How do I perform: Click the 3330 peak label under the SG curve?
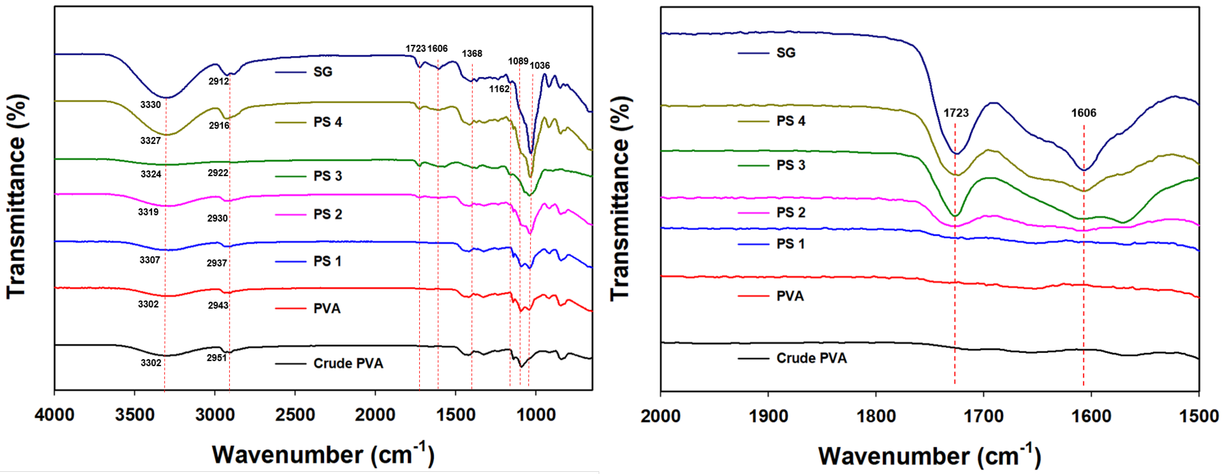[150, 105]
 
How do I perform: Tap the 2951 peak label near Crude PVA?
[216, 358]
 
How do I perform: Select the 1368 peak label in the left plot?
[472, 54]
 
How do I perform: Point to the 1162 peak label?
[499, 89]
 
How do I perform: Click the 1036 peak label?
[540, 66]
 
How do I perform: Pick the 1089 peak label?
[518, 61]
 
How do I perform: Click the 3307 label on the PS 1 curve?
[150, 260]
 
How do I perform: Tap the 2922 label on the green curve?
[218, 173]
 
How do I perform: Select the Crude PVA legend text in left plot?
[348, 363]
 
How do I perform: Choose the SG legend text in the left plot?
[323, 72]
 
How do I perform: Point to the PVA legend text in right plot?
[790, 296]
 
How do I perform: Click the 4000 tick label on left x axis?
[55, 415]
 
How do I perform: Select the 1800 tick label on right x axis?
[875, 417]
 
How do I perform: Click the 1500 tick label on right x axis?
[1198, 417]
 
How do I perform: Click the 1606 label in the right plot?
[1084, 113]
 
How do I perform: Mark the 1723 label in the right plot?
[956, 113]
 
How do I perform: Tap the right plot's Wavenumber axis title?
[929, 456]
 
